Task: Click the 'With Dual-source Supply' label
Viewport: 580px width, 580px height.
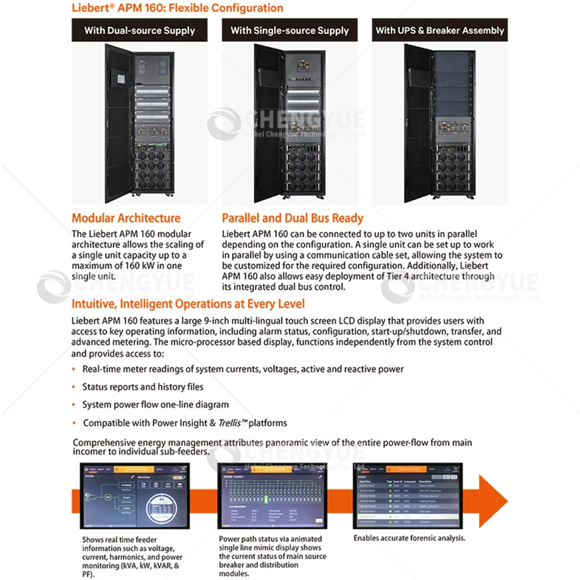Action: coord(140,30)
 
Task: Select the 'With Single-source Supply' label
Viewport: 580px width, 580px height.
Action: coord(289,30)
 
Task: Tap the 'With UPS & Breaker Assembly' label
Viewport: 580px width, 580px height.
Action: coord(439,30)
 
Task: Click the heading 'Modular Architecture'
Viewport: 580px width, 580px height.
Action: coord(126,217)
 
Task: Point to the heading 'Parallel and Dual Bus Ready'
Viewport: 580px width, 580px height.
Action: coord(293,217)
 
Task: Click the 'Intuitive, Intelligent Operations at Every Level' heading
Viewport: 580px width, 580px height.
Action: coord(188,304)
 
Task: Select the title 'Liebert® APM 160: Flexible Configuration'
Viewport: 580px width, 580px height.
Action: coord(177,9)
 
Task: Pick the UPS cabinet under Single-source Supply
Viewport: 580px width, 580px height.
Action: coord(289,123)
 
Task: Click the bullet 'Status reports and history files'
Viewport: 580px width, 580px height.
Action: coord(143,387)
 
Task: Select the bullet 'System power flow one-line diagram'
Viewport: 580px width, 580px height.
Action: coord(155,405)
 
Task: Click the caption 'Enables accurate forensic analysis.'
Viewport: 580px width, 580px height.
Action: coord(409,539)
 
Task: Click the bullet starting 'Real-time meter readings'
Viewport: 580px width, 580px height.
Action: coord(243,369)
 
